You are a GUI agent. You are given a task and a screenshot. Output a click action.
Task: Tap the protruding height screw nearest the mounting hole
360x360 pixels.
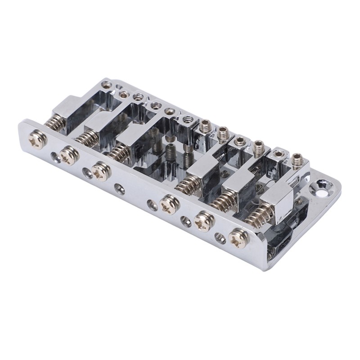click(x=297, y=161)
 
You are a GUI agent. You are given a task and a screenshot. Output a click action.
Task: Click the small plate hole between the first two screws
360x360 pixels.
click(x=55, y=155)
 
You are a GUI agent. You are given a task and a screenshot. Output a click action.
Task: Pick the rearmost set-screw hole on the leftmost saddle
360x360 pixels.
click(x=107, y=84)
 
